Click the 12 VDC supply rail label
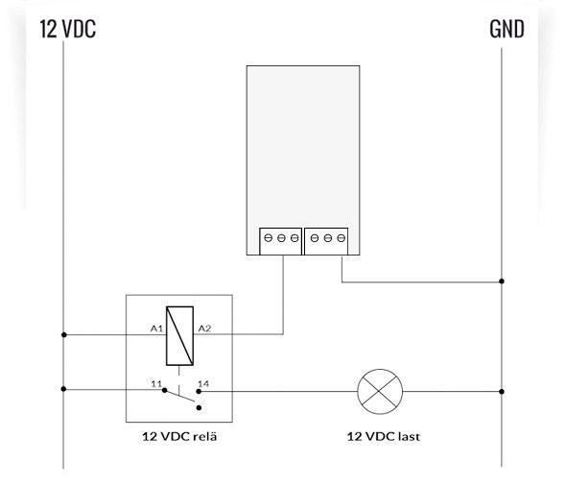tap(67, 29)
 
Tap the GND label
tap(507, 29)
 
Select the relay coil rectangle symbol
tap(179, 336)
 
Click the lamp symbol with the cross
tap(380, 392)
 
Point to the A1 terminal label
tap(157, 329)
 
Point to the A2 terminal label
tap(204, 329)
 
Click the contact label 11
tap(156, 383)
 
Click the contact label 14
tap(203, 383)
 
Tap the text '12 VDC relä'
tap(179, 436)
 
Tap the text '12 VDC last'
tap(384, 436)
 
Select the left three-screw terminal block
tap(280, 241)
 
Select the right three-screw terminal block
tap(326, 241)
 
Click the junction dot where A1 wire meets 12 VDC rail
tap(64, 335)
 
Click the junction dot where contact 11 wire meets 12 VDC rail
tap(63, 389)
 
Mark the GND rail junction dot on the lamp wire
tap(502, 392)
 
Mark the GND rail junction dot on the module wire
tap(502, 280)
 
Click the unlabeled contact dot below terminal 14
tap(199, 408)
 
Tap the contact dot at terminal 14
tap(199, 391)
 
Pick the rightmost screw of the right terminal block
tap(342, 238)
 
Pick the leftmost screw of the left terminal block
tap(268, 238)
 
